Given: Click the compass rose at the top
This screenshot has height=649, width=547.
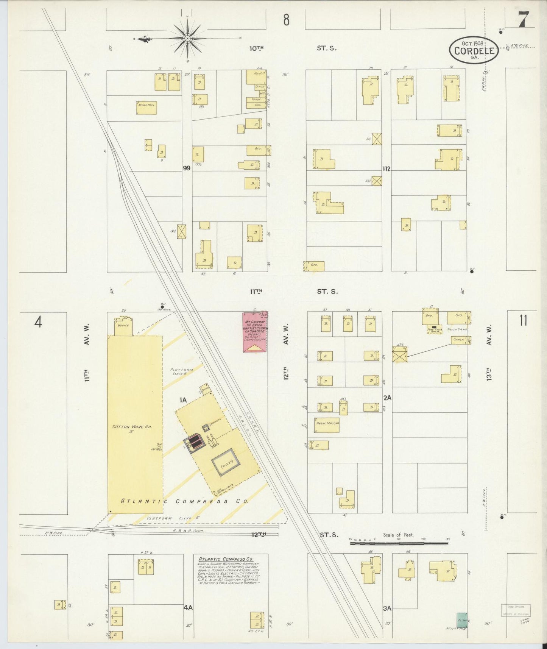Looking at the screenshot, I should tap(187, 39).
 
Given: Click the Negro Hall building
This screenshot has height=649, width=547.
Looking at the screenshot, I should tap(146, 108).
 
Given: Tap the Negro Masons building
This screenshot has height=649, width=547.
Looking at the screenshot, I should tap(327, 424).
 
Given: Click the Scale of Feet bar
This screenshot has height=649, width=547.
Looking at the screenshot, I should tap(399, 543).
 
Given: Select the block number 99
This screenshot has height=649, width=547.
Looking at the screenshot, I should tap(186, 168).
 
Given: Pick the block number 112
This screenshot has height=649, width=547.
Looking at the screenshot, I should tap(386, 168).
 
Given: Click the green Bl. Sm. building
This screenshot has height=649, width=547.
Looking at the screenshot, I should tap(462, 620).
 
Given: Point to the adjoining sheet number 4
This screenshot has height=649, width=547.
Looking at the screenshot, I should tap(38, 322).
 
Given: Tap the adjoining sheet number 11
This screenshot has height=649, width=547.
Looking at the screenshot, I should tap(523, 320).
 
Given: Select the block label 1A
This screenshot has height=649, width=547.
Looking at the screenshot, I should tap(183, 399).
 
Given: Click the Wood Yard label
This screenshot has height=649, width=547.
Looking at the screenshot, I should tap(457, 329).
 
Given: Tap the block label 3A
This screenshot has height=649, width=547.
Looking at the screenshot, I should tap(387, 608).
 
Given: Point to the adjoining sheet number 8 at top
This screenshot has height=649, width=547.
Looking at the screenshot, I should tap(286, 20).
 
